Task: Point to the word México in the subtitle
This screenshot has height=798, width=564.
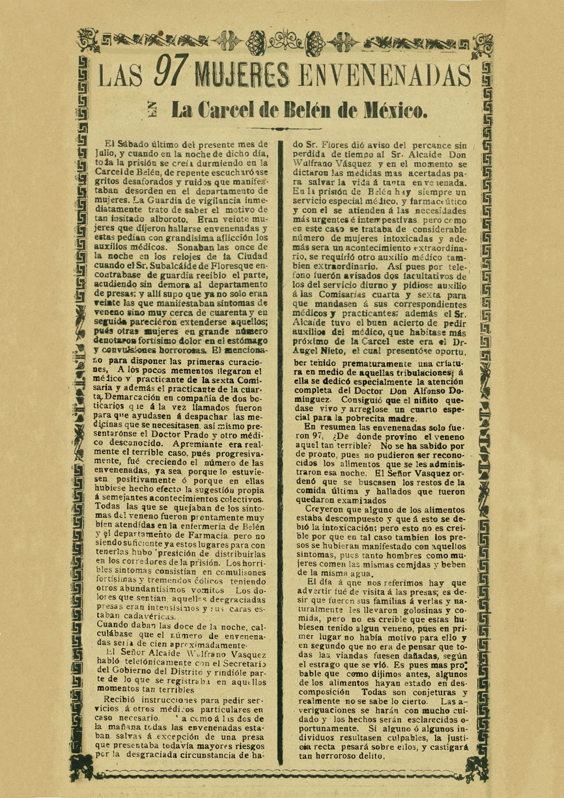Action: (x=393, y=110)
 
